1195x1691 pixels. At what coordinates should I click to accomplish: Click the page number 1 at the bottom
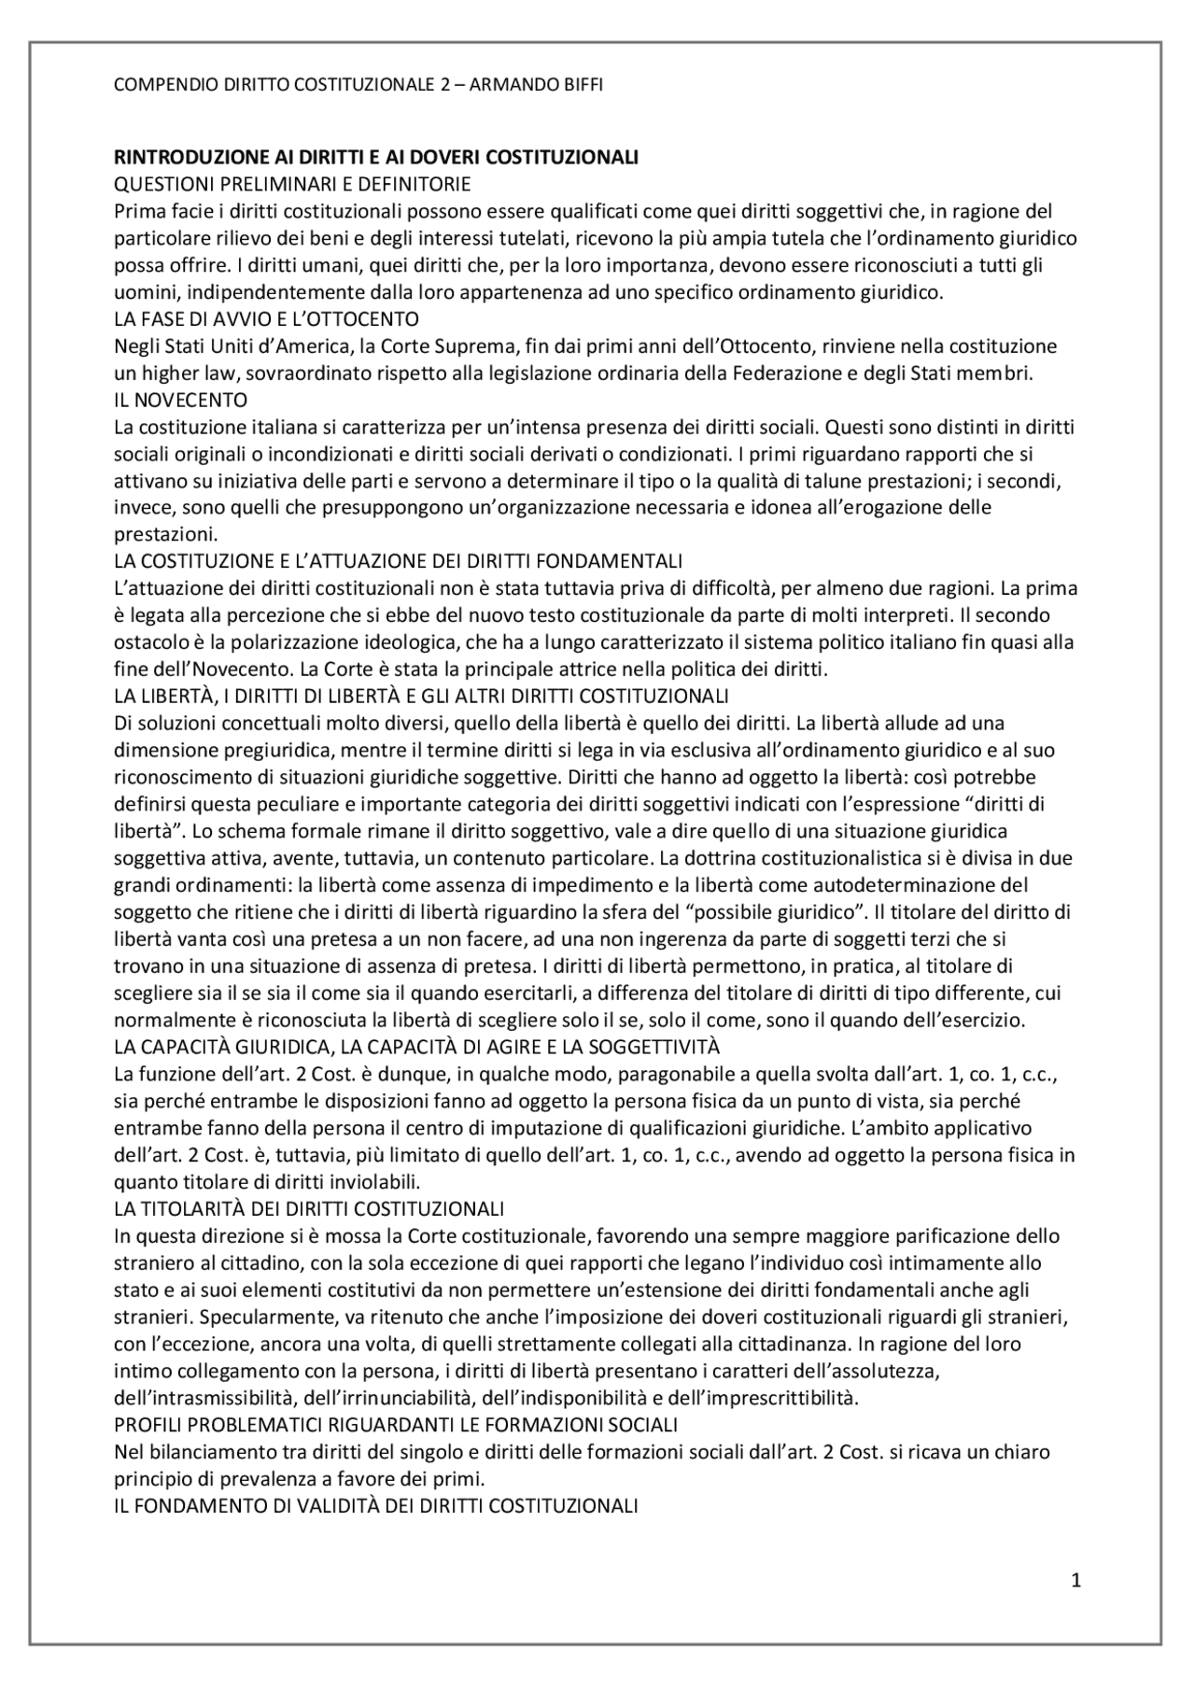(x=1075, y=1581)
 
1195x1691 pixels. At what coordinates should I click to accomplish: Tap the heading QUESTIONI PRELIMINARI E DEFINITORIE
(x=291, y=184)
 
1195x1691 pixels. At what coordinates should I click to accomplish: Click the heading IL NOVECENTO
(x=180, y=401)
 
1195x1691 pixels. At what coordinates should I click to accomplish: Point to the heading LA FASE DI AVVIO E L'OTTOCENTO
(x=266, y=319)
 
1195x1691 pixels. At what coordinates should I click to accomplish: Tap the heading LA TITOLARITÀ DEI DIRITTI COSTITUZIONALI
(x=308, y=1209)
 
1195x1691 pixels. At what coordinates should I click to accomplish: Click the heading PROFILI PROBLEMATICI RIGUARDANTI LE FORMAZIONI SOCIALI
(x=395, y=1425)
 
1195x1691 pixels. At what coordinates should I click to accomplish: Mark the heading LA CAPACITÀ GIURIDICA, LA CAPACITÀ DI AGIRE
(x=415, y=1047)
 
